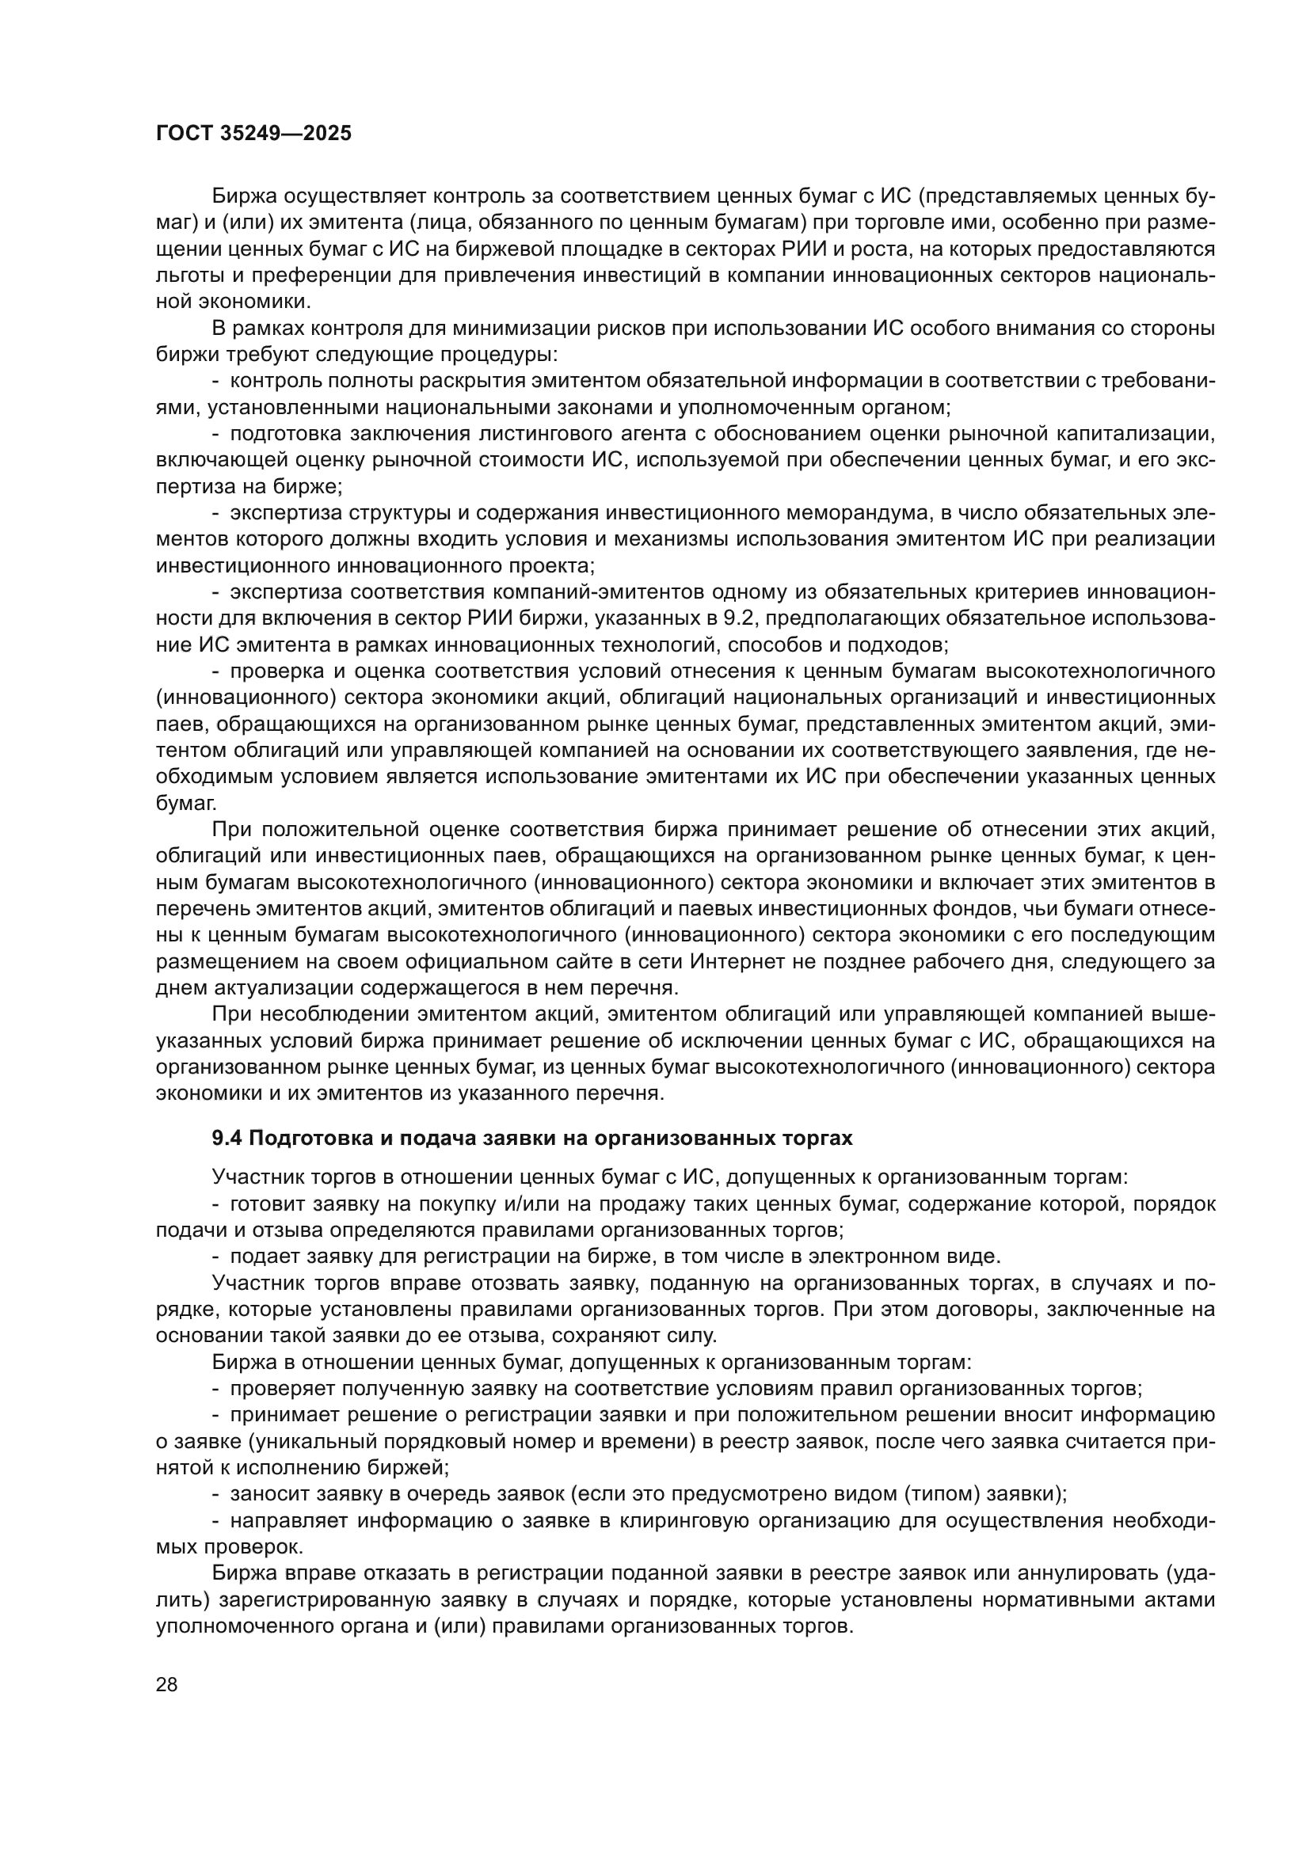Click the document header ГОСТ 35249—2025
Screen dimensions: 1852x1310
tap(253, 133)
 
